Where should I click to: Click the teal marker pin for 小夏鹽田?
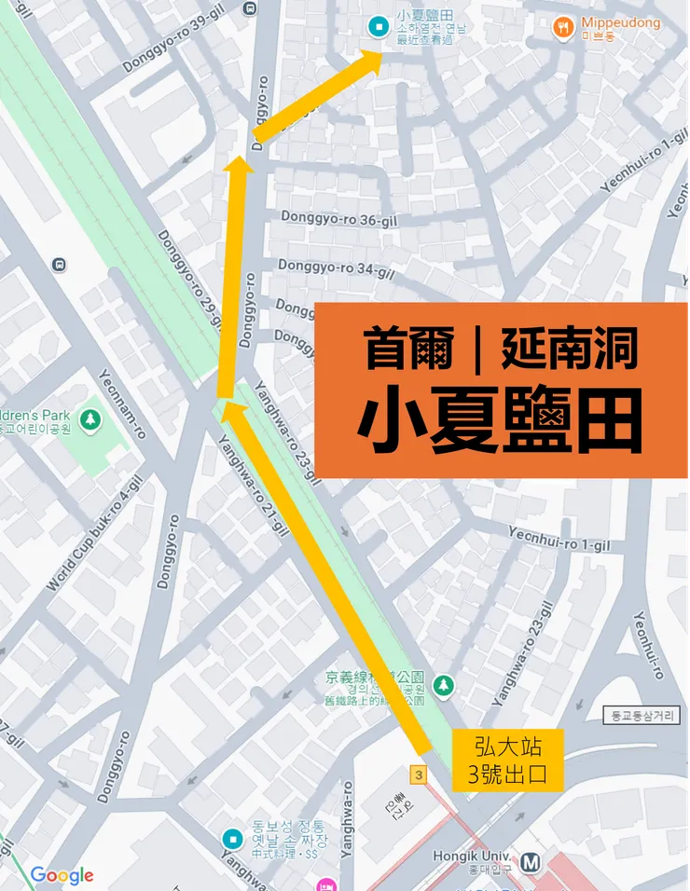pos(379,26)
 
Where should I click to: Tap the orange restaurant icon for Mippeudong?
pos(562,27)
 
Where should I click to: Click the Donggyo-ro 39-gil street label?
pos(176,47)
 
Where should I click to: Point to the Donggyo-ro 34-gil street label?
pos(336,269)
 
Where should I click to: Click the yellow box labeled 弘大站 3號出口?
pos(507,760)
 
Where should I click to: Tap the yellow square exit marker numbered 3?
pos(419,774)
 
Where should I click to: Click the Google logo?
pos(62,875)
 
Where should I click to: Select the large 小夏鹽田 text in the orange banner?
pos(501,423)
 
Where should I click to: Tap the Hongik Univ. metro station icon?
pos(531,862)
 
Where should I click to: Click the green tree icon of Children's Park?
pos(90,420)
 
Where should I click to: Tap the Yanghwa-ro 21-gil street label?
pos(254,485)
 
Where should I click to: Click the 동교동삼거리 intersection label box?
pos(641,716)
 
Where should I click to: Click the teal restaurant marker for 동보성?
pos(232,840)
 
